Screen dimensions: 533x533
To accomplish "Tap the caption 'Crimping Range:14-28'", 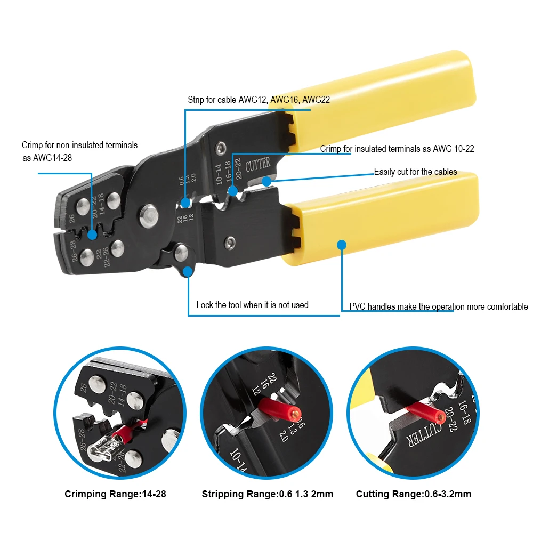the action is pyautogui.click(x=115, y=494).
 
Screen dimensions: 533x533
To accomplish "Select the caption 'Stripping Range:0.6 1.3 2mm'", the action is pyautogui.click(x=267, y=494).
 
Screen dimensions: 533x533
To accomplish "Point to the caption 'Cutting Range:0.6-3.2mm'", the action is pyautogui.click(x=413, y=494).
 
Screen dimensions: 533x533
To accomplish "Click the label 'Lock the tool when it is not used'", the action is pyautogui.click(x=252, y=305).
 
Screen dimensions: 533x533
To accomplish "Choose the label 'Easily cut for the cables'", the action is pyautogui.click(x=415, y=172).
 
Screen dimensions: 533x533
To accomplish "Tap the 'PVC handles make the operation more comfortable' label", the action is pyautogui.click(x=438, y=306).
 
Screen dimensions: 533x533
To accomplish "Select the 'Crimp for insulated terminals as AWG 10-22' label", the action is pyautogui.click(x=397, y=149).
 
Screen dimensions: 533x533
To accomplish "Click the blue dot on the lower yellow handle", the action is pyautogui.click(x=342, y=245).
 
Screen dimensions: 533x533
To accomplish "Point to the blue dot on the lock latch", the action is pyautogui.click(x=188, y=272).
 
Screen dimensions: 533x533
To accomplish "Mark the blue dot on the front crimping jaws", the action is pyautogui.click(x=92, y=234).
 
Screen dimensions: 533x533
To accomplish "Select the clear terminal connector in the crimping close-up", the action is pyautogui.click(x=106, y=451).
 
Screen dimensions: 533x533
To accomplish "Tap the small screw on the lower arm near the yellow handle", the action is pyautogui.click(x=229, y=243).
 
